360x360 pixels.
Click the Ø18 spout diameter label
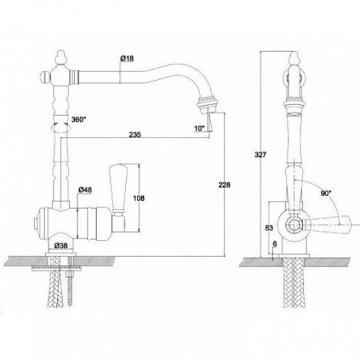(x=127, y=58)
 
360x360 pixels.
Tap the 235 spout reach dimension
(x=135, y=135)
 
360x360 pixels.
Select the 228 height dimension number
(x=224, y=185)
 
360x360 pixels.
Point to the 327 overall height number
(x=261, y=155)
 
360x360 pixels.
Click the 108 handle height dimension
(x=139, y=198)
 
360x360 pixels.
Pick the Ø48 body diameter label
(x=85, y=190)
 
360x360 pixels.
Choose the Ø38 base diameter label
(x=60, y=246)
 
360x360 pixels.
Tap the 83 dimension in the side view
(x=269, y=228)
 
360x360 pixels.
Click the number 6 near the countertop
(x=275, y=244)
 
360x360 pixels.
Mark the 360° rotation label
(x=78, y=120)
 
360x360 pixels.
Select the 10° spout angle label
(x=199, y=128)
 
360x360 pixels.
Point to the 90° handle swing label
(x=326, y=193)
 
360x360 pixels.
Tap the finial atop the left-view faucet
(x=60, y=58)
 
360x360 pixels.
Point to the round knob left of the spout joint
(x=45, y=77)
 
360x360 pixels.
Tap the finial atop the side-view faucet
(x=294, y=58)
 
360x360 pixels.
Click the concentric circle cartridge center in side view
(x=294, y=225)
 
